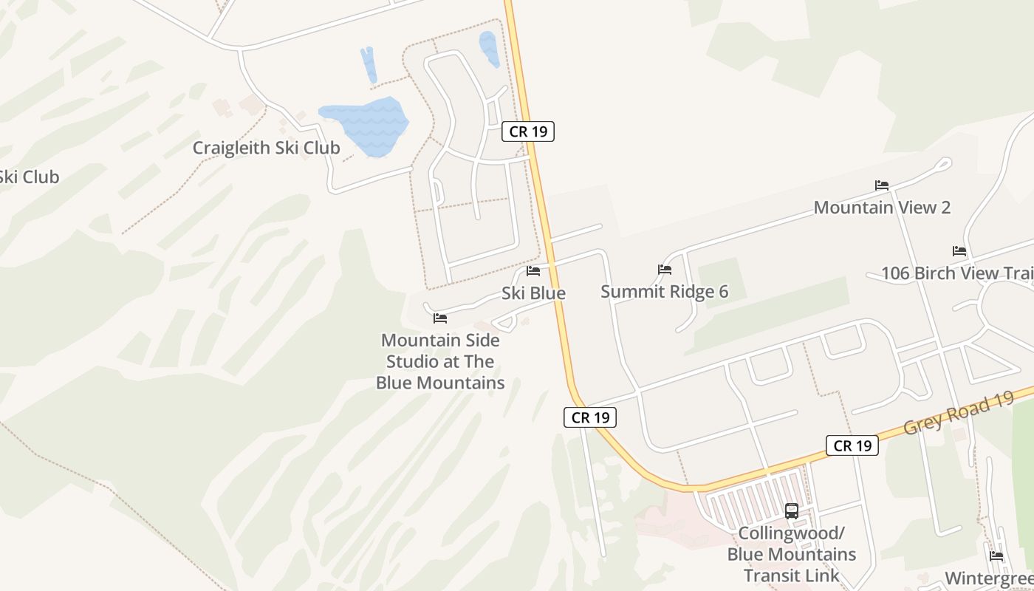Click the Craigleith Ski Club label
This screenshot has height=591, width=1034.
[266, 148]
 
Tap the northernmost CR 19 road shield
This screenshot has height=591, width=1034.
[528, 131]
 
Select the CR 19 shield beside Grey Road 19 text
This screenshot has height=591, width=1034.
[852, 445]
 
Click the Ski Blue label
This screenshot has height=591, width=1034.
[533, 293]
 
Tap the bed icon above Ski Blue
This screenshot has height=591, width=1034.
[533, 271]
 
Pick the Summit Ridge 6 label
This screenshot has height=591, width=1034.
[664, 292]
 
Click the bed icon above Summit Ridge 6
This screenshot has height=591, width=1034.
[665, 270]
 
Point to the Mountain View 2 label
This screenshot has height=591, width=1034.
[882, 208]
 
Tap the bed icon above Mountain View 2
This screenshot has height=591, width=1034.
[882, 185]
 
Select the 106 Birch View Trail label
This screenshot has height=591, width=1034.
[957, 273]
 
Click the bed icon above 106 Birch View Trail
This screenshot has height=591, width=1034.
[959, 251]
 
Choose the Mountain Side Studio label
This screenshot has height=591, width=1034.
[440, 362]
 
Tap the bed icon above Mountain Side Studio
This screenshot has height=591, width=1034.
[440, 318]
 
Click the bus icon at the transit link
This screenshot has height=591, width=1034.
[792, 510]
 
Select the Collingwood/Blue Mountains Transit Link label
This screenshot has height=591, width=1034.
[792, 554]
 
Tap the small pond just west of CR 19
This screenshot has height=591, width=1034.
[489, 48]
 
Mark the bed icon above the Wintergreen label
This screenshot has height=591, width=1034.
[996, 556]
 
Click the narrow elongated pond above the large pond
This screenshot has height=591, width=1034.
[369, 65]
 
